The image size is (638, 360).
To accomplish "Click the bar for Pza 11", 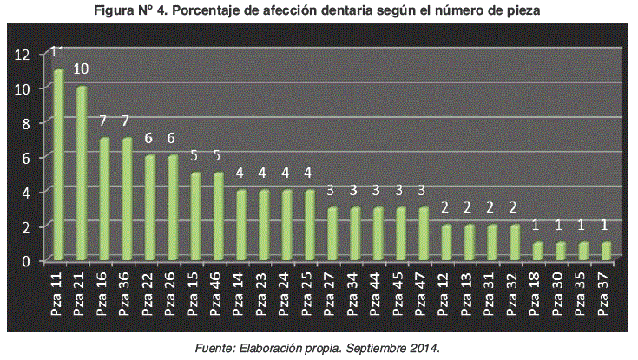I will (x=59, y=165).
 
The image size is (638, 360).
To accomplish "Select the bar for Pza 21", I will (x=82, y=173).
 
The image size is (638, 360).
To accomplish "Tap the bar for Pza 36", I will (x=128, y=200).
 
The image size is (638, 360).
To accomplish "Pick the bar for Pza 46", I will (x=219, y=217).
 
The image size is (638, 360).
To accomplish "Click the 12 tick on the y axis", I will (x=23, y=55).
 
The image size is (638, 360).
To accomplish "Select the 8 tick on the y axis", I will (x=26, y=123).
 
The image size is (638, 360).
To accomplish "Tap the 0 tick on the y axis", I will (x=26, y=260).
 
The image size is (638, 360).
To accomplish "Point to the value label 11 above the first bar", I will (x=59, y=51).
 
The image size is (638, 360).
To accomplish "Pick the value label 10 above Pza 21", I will (x=82, y=69).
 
